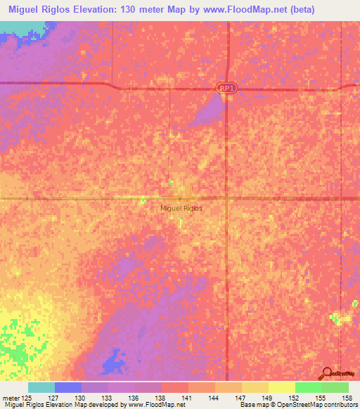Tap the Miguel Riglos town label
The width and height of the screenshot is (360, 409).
coord(181,209)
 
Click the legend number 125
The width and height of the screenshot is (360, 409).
coord(27,398)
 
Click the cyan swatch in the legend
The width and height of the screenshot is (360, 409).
coord(41,387)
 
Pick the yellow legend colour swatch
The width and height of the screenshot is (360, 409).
coord(281,387)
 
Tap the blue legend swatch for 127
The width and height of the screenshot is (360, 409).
coord(68,387)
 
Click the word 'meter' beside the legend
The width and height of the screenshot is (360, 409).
coord(11,398)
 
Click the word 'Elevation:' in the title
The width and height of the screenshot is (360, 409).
coord(115,10)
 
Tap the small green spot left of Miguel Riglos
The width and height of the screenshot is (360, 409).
coord(143,201)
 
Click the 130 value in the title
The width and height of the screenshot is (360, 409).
coord(153,10)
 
